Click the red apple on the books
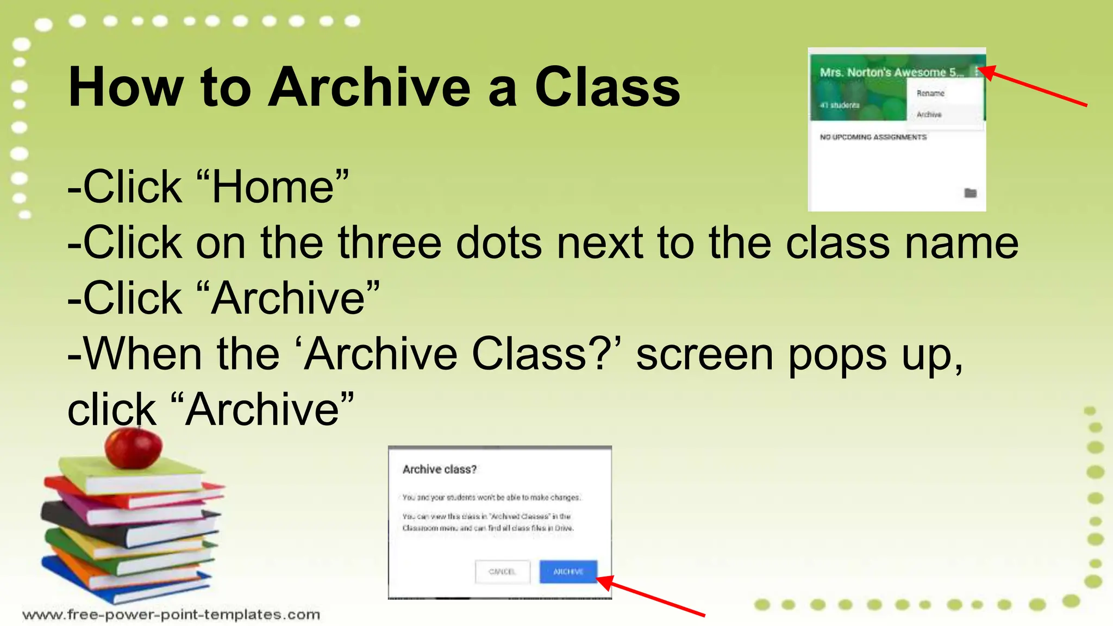[x=133, y=448]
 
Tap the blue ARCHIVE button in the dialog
[x=568, y=572]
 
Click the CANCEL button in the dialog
[x=502, y=572]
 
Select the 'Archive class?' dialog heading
[x=439, y=469]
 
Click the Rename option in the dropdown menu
[x=930, y=93]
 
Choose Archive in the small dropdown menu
[x=929, y=115]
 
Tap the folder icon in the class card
[x=970, y=193]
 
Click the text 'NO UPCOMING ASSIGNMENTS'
[x=873, y=137]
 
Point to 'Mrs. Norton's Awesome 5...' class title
[x=891, y=72]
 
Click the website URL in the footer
[x=171, y=615]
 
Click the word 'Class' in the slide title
[x=607, y=87]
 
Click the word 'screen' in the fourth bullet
[x=704, y=354]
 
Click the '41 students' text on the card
[x=840, y=105]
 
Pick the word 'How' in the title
[x=126, y=87]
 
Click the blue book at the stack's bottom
[x=109, y=584]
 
